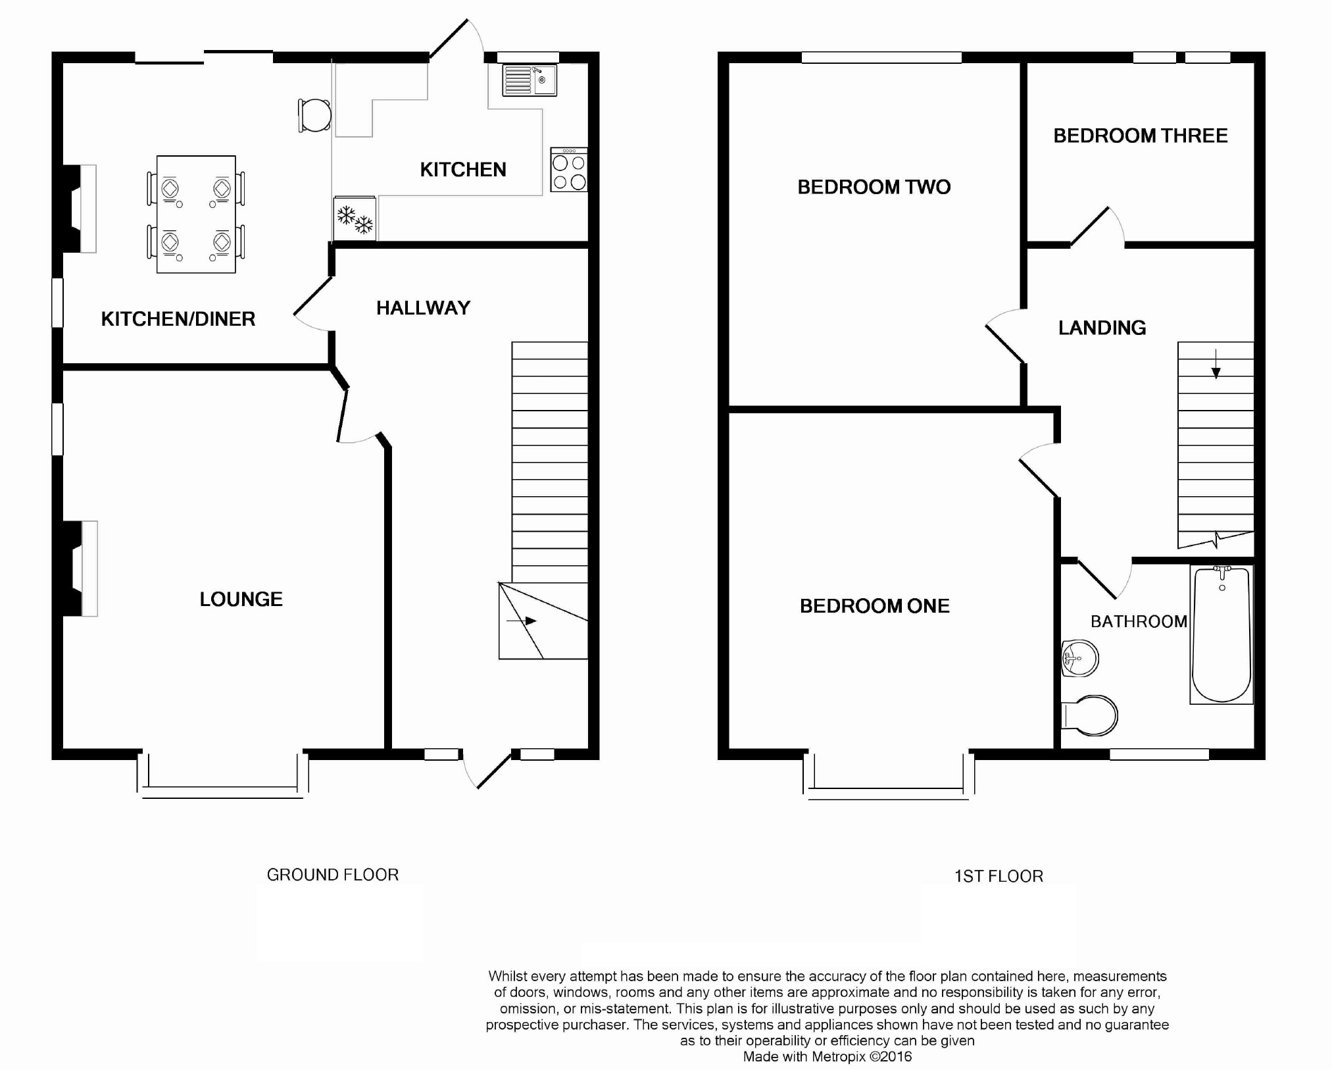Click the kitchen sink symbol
pos(530,80)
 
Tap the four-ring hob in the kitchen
pos(569,171)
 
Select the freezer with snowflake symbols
pos(355,218)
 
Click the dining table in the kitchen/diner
pos(196,215)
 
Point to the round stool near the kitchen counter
pos(314,116)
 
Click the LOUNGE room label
pos(241,599)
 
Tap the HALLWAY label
pos(423,308)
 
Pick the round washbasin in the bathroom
pos(1080,658)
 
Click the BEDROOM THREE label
pos(1141,136)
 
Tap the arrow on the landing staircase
pos(1216,365)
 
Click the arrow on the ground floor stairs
pos(522,621)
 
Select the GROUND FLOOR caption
pos(332,875)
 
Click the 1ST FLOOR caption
pos(999,877)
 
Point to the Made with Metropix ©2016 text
pos(827,1057)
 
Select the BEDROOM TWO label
pos(874,187)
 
